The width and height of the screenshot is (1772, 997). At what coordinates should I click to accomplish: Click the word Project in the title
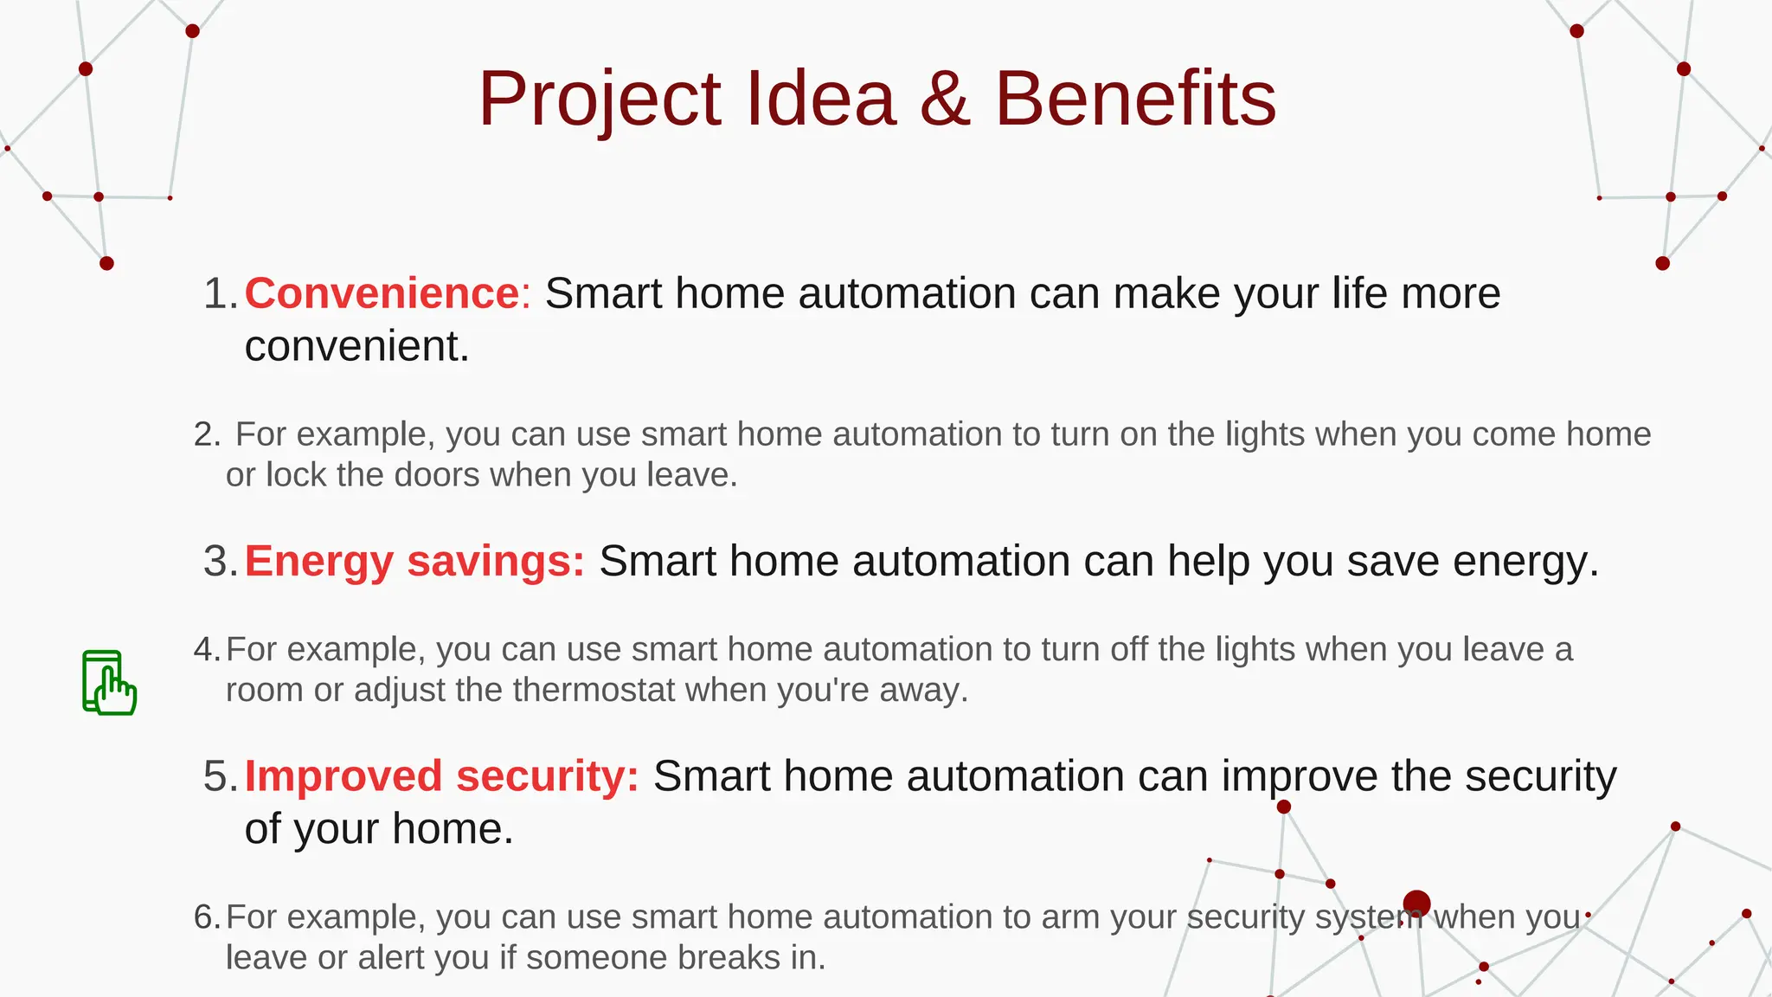tap(600, 100)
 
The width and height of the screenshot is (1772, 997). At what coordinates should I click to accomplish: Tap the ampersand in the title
tap(945, 100)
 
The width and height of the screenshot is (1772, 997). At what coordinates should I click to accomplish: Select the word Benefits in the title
tap(1135, 100)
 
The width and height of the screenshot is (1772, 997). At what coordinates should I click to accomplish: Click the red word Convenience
tap(382, 293)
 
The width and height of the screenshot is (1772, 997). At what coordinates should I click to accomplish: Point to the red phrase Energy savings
tap(414, 561)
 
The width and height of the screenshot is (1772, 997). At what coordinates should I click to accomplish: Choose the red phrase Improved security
tap(441, 775)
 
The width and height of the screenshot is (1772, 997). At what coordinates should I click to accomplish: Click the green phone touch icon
tap(109, 683)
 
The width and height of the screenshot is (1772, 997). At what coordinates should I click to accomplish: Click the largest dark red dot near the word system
tap(1416, 904)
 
